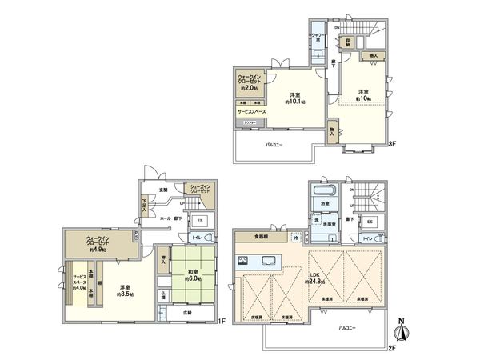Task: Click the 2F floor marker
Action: pyautogui.click(x=392, y=347)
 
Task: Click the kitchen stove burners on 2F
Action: pyautogui.click(x=244, y=260)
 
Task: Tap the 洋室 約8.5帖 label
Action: pyautogui.click(x=126, y=290)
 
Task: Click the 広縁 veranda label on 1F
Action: pyautogui.click(x=186, y=313)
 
